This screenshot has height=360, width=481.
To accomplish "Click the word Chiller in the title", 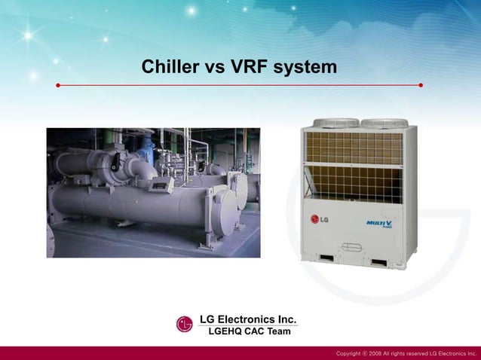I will point(170,67).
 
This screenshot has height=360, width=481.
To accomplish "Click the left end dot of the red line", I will point(58,85).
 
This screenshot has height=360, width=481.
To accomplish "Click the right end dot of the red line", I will point(421,85).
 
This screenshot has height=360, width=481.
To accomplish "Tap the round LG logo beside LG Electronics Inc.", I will point(185,324).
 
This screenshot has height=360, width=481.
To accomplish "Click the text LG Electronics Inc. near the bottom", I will point(247,319).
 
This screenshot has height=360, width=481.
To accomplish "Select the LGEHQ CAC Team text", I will point(249,331).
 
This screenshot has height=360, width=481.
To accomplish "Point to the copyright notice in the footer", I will point(406,353).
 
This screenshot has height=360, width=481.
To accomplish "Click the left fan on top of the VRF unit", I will point(335,122).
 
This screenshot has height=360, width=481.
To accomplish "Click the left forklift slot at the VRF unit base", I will point(327,260).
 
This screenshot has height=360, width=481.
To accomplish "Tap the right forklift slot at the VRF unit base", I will point(378,262).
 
